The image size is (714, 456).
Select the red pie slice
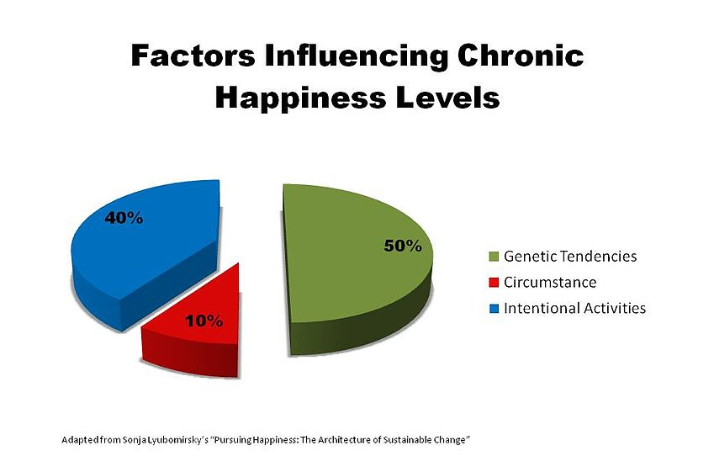[196, 328]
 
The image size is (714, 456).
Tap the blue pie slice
[145, 251]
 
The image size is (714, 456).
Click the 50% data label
[403, 246]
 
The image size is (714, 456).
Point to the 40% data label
[124, 218]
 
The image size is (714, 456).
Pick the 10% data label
[204, 321]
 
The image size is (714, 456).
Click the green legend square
[494, 257]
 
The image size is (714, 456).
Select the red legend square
[494, 283]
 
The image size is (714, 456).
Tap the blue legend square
[494, 309]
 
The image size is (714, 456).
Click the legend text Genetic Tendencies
[570, 256]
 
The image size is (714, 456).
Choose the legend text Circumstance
[550, 282]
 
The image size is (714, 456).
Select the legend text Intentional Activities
[574, 308]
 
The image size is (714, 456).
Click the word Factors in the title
[193, 56]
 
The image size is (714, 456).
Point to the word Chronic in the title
[521, 56]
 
